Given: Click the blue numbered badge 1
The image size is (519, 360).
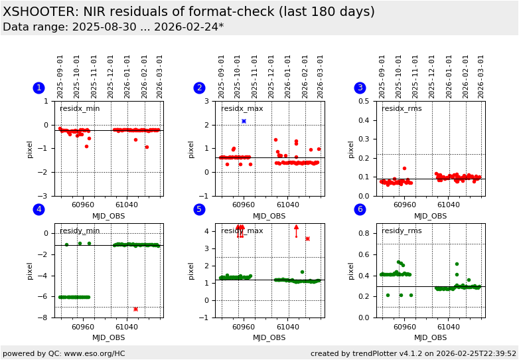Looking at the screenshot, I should (38, 88).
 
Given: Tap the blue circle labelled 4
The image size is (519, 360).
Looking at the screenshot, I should (38, 210).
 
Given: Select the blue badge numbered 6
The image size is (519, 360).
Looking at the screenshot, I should (360, 210).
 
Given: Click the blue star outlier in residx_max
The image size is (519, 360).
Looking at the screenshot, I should (244, 121).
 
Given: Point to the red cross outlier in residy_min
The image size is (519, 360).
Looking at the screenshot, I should (135, 309).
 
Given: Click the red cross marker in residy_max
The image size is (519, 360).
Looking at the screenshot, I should (307, 238).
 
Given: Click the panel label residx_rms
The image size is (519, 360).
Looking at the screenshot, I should (402, 109).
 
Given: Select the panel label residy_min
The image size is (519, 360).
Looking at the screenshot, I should (80, 231).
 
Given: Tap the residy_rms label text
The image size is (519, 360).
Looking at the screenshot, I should (402, 231).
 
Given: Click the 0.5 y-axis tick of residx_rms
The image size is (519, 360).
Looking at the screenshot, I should (365, 102).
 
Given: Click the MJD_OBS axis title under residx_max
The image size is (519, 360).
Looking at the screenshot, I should (269, 216).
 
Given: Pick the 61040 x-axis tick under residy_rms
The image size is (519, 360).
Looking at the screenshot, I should (448, 327).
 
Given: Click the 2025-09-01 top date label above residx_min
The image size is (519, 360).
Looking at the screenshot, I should (60, 76).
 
